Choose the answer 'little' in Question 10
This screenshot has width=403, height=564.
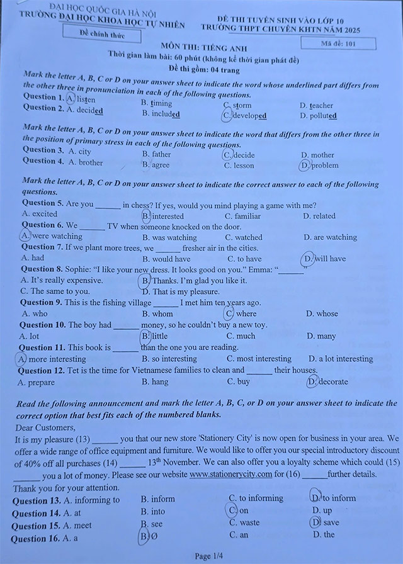(159, 336)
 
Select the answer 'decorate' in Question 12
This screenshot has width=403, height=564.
(332, 381)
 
